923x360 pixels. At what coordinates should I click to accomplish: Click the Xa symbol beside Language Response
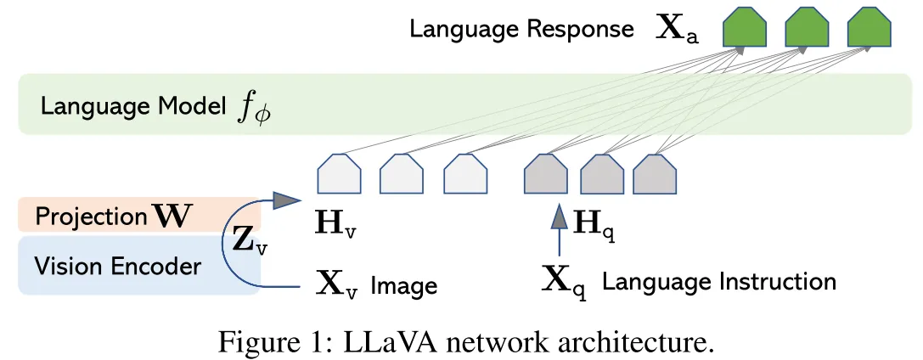tap(678, 31)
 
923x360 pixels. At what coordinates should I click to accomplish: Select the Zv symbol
tap(249, 243)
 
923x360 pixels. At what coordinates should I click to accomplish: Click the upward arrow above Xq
tap(559, 228)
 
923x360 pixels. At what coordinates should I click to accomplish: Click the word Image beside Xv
tap(403, 284)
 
